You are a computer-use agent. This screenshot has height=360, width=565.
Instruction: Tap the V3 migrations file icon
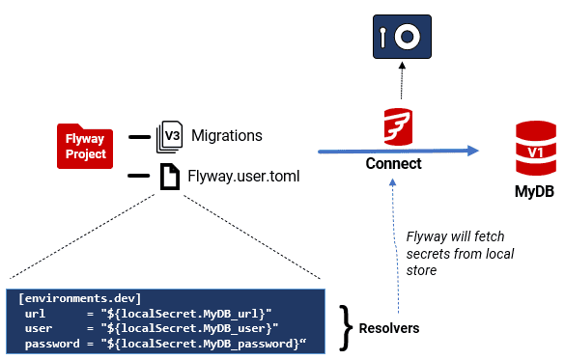(x=170, y=137)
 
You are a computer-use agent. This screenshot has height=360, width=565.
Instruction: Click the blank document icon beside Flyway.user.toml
(x=170, y=176)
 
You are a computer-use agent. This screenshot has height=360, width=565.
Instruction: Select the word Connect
(x=393, y=164)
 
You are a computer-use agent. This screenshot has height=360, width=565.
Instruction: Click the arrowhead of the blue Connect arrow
(x=473, y=150)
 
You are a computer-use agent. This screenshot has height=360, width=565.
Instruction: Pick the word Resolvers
(x=388, y=328)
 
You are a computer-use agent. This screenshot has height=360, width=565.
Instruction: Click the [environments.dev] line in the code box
(x=80, y=298)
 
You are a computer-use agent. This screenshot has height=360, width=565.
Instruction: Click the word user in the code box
(x=40, y=328)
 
